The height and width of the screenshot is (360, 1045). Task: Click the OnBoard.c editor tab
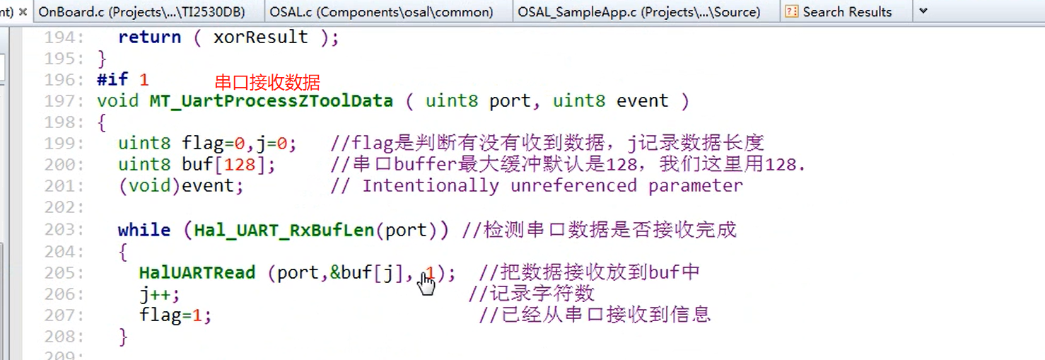point(148,12)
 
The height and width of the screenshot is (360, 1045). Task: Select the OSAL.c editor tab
point(381,12)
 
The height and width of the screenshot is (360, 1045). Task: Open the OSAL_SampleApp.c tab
point(638,12)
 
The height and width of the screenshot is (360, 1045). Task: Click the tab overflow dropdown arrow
point(923,11)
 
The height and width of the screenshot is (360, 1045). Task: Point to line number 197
point(64,101)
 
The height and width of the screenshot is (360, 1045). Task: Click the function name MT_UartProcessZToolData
point(271,101)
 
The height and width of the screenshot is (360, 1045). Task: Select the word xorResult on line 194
point(260,37)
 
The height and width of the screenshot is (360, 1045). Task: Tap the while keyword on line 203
point(144,231)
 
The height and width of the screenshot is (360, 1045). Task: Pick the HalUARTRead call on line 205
point(197,273)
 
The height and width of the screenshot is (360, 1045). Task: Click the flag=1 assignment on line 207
point(173,315)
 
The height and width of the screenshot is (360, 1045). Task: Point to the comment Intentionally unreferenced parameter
point(551,186)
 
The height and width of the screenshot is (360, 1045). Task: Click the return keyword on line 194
point(149,37)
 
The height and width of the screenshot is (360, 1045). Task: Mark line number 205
point(64,273)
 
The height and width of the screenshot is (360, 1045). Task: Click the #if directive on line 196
point(113,80)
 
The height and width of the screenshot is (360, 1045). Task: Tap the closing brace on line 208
point(123,336)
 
